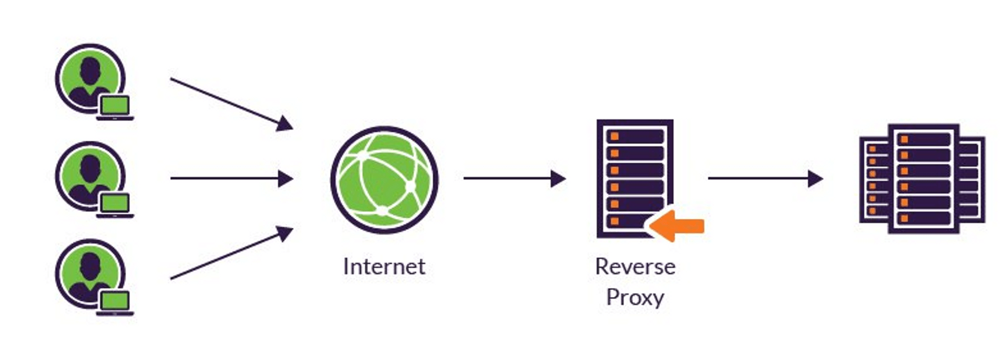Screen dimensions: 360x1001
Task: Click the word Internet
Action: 384,266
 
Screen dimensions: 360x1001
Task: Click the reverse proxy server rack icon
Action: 635,178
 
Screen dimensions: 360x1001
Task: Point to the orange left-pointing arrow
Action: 678,226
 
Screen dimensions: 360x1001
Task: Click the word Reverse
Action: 635,266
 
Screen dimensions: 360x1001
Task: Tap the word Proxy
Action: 635,297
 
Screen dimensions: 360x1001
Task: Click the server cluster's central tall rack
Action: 923,179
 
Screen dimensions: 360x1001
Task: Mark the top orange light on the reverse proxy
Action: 615,136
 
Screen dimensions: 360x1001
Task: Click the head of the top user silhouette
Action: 90,70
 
